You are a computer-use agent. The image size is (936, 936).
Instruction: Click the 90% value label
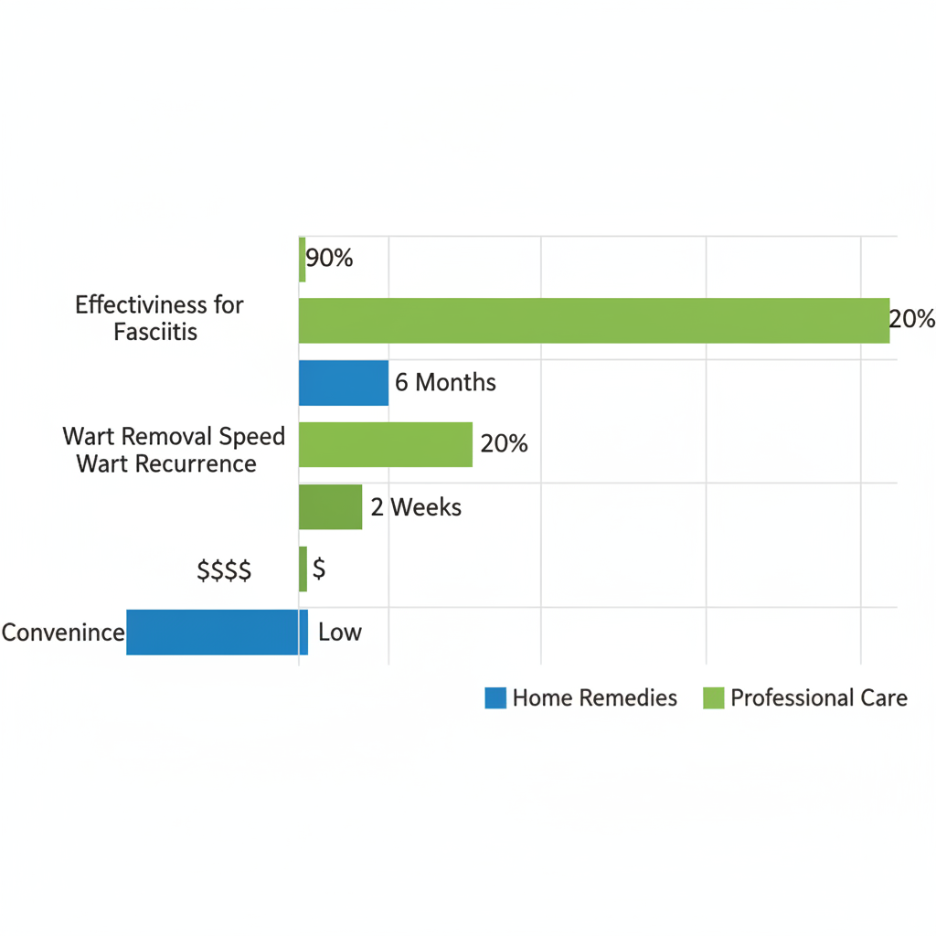[329, 259]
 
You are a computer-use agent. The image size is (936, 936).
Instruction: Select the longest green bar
[594, 321]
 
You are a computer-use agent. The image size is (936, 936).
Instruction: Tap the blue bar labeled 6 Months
[344, 382]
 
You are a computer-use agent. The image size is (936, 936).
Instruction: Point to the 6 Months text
[445, 382]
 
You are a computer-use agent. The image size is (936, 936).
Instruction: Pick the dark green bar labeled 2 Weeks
[331, 506]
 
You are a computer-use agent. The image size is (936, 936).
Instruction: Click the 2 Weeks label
[416, 506]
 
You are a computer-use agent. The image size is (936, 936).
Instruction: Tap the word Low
[340, 632]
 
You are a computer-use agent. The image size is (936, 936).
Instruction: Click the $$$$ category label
[224, 571]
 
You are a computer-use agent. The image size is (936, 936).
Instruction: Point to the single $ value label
[319, 569]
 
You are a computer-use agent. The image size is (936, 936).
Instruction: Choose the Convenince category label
[63, 632]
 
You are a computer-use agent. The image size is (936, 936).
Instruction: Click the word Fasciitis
[155, 331]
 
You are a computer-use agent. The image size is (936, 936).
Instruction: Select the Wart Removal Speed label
[174, 436]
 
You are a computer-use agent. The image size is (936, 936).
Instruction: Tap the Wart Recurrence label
[166, 463]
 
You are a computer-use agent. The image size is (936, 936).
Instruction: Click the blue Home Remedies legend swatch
[495, 698]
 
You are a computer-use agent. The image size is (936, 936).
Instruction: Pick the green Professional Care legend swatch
[713, 698]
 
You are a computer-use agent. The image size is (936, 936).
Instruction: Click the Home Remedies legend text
[595, 698]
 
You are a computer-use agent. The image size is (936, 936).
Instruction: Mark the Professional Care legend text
[819, 698]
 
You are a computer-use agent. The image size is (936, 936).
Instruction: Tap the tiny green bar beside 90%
[303, 259]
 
